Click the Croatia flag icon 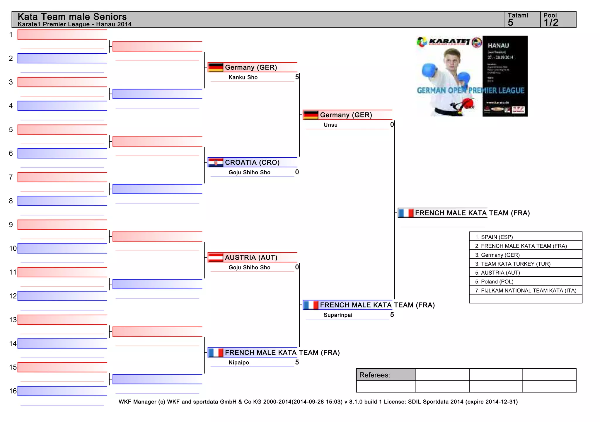coord(216,163)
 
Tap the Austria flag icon coord(216,258)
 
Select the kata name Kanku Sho coord(243,77)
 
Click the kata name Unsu coord(330,125)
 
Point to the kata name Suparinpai coord(338,315)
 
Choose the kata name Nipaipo coord(239,363)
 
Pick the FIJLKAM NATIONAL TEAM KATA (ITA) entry coord(526,290)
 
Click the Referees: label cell coord(386,375)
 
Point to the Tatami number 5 coord(511,23)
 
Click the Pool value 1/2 coord(551,23)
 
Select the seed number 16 coord(13,391)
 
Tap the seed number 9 coord(11,225)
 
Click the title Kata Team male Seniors coord(72,17)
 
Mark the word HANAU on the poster coord(498,46)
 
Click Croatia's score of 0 coord(297,172)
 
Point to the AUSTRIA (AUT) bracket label coord(251,258)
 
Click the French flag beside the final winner coord(406,213)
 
